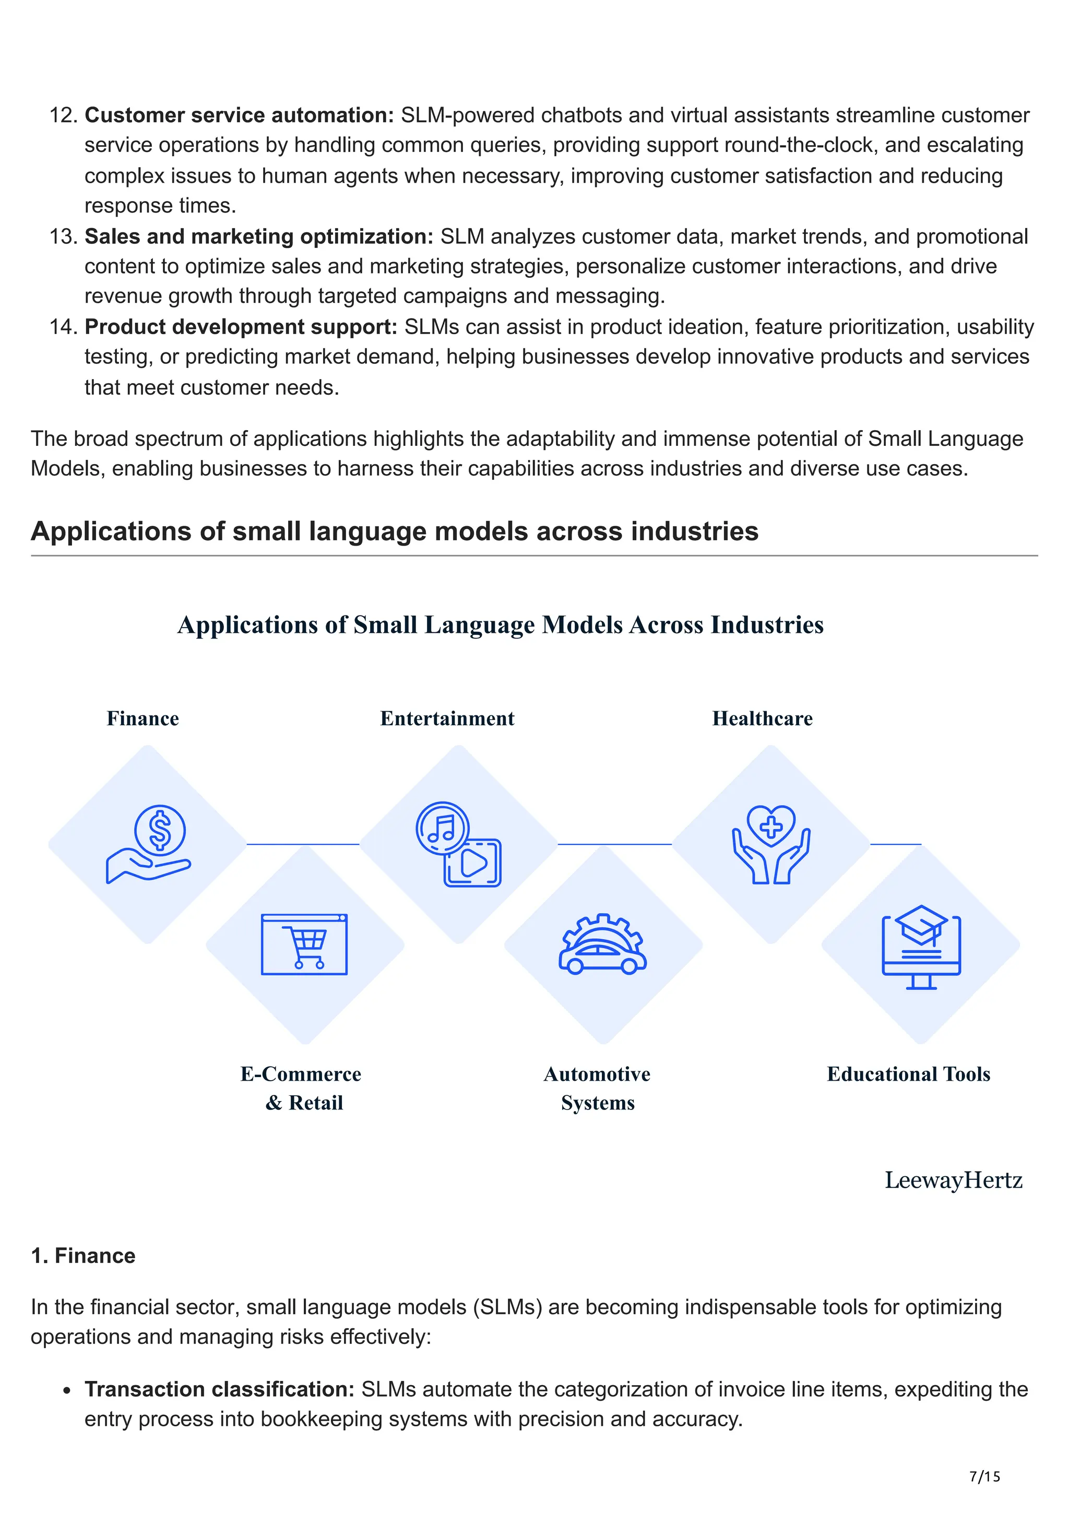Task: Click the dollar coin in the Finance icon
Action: tap(160, 830)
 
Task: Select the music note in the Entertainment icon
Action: tap(442, 828)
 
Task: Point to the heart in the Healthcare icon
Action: tap(770, 824)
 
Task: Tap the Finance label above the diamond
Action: tap(143, 718)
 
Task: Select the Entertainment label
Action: tap(447, 718)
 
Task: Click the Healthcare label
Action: tap(762, 718)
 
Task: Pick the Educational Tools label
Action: tap(908, 1074)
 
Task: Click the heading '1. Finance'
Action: tap(83, 1255)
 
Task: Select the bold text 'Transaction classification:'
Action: tap(219, 1389)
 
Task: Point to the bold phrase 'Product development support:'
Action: tap(241, 326)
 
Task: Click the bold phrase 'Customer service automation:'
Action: tap(239, 115)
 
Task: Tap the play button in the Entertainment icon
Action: tap(473, 862)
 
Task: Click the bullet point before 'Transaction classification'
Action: tap(66, 1391)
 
